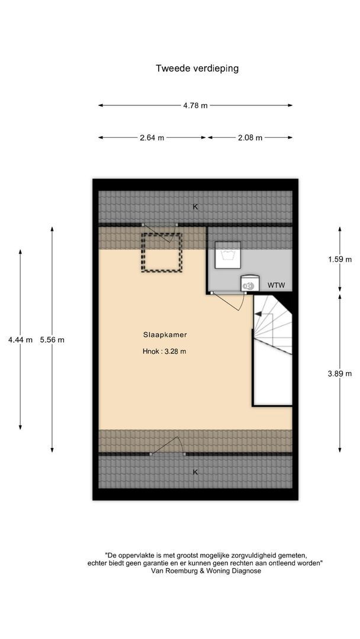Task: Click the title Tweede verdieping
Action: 197,69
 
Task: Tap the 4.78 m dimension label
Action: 195,105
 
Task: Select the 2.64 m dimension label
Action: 152,138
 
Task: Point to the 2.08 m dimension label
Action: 250,138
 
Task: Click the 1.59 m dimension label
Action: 340,259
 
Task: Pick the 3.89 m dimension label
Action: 340,373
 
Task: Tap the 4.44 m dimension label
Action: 20,340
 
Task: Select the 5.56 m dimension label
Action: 52,340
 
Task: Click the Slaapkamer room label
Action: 165,335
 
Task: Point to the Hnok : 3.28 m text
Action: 164,351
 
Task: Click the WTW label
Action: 276,285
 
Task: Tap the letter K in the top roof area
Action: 195,207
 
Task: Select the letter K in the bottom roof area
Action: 195,472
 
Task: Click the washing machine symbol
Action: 227,255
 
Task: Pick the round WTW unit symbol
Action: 249,283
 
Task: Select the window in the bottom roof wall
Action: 168,454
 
